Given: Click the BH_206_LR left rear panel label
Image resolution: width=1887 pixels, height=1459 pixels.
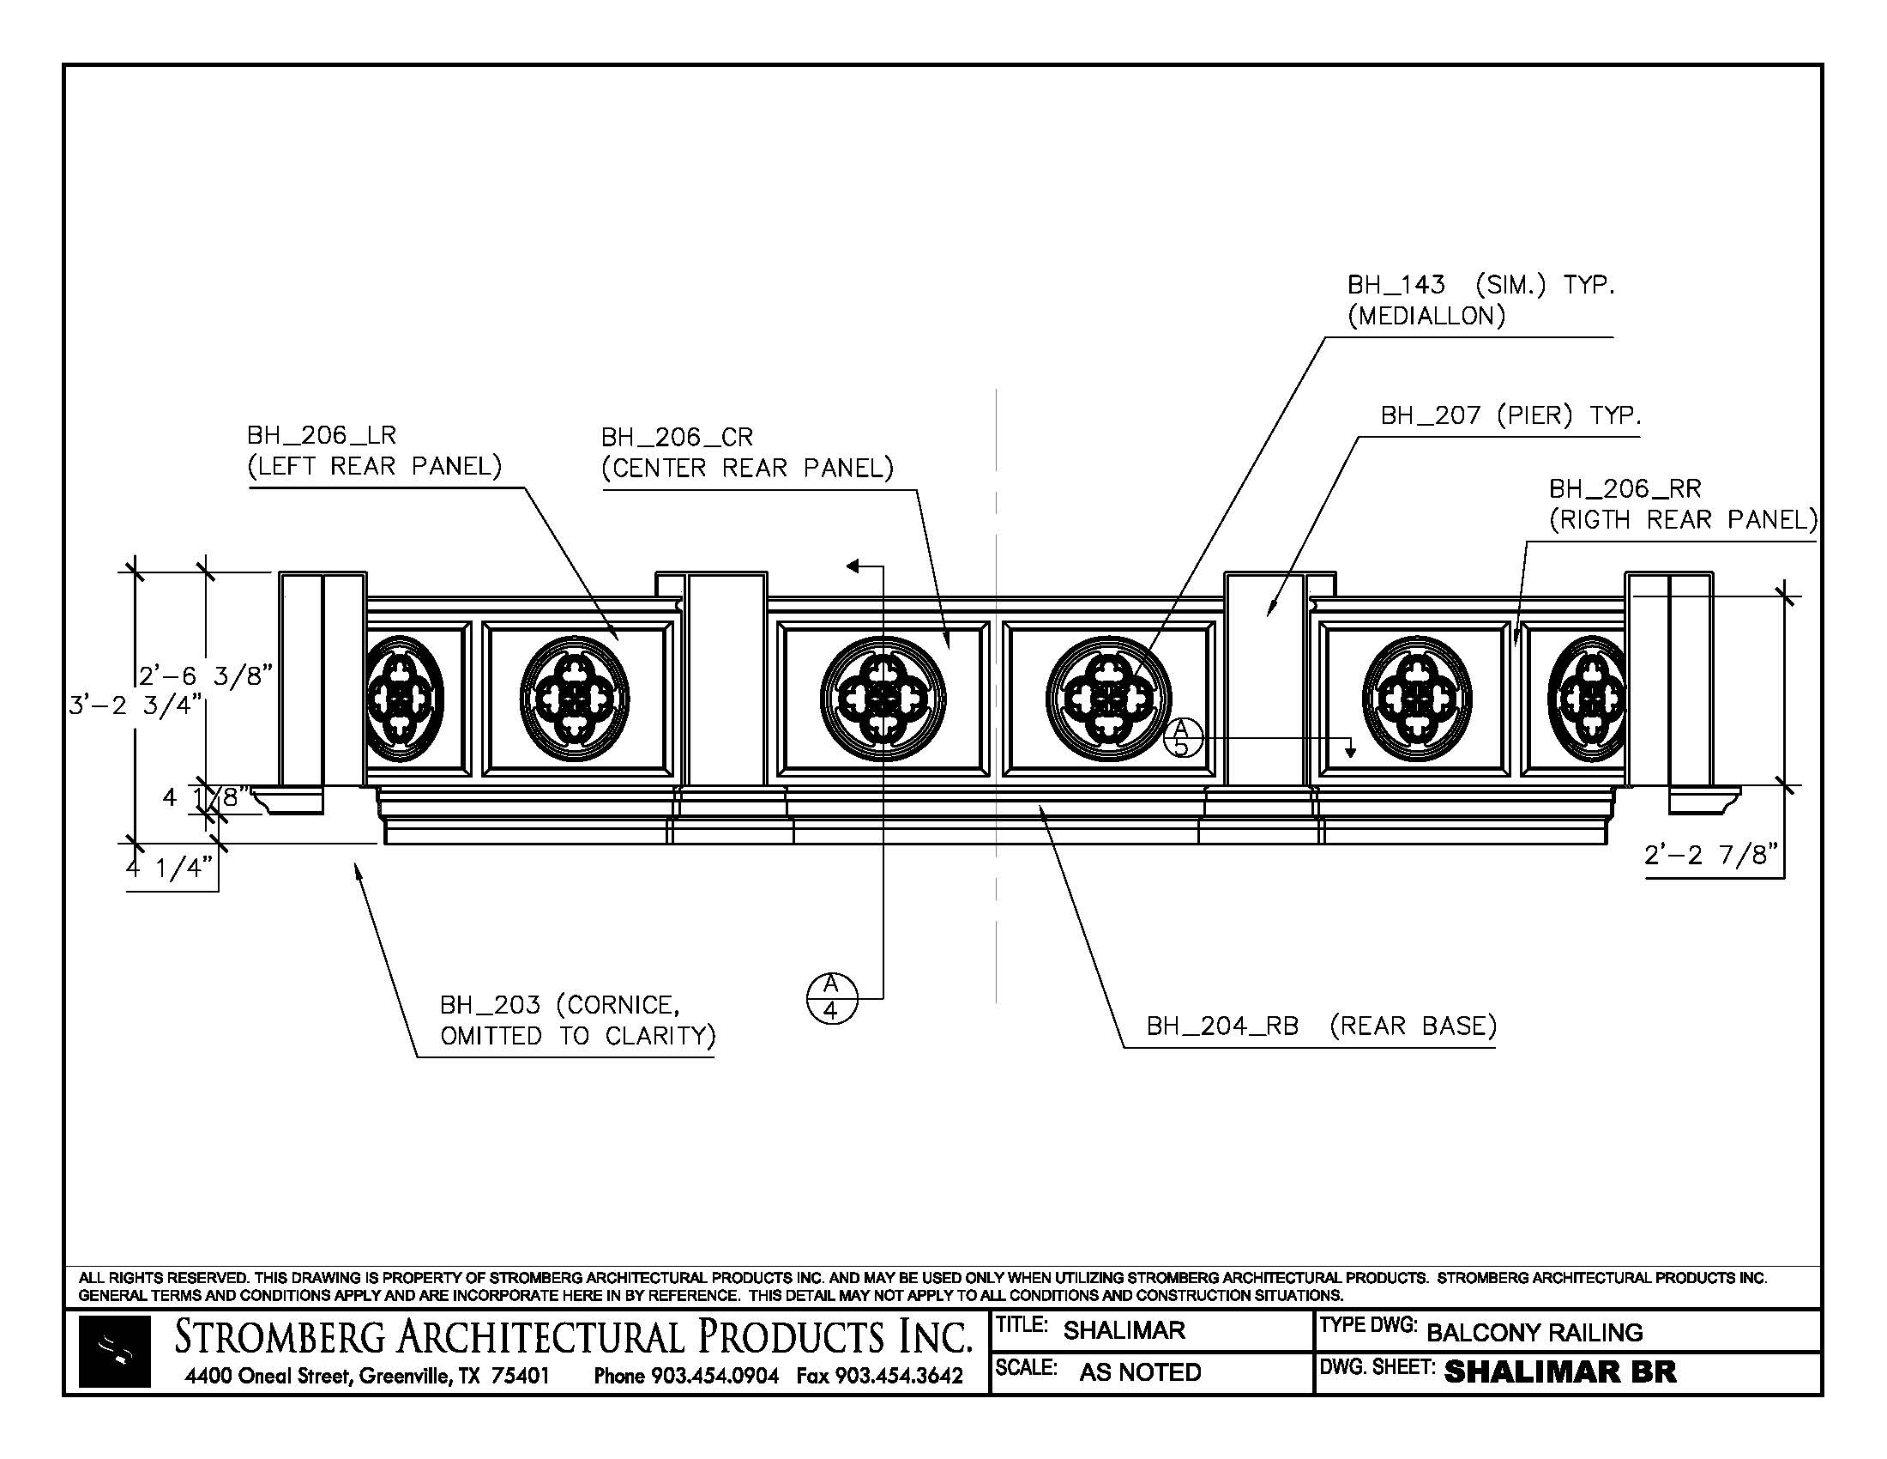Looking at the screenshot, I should [x=373, y=451].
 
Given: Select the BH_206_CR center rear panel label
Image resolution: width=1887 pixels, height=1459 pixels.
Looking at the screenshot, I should [x=746, y=452].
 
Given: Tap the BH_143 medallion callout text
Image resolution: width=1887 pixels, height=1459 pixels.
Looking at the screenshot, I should [x=1480, y=300].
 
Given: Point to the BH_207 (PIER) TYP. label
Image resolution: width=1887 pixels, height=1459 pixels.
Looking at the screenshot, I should [x=1510, y=415].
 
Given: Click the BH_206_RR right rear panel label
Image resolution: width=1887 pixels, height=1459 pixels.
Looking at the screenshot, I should [x=1682, y=504].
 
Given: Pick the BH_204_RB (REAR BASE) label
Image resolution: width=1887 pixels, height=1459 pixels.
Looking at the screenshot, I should [x=1321, y=1026].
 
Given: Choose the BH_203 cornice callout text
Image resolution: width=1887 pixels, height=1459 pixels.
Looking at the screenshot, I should [x=577, y=1020].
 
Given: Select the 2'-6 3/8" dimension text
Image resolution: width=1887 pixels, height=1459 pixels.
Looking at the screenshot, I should [x=206, y=676].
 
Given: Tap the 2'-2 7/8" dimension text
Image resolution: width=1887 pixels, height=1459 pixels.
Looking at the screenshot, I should [x=1712, y=856].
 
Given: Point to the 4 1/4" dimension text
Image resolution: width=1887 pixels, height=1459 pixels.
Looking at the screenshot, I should [x=169, y=867].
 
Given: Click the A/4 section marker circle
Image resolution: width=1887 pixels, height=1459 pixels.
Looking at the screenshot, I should [x=831, y=998].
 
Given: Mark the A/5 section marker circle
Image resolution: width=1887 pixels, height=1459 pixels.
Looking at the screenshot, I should [x=1181, y=738].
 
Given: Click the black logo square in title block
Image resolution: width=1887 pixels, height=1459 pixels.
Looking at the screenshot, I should [x=114, y=1351].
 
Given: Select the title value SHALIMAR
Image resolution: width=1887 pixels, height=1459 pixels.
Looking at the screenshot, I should [x=1124, y=1330].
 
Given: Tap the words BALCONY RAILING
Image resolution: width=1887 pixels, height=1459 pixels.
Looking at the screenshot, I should [x=1534, y=1332].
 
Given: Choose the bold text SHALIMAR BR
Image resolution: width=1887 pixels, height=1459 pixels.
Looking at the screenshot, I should [x=1559, y=1371].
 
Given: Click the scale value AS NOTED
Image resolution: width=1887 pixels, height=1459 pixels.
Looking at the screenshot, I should [x=1140, y=1371].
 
